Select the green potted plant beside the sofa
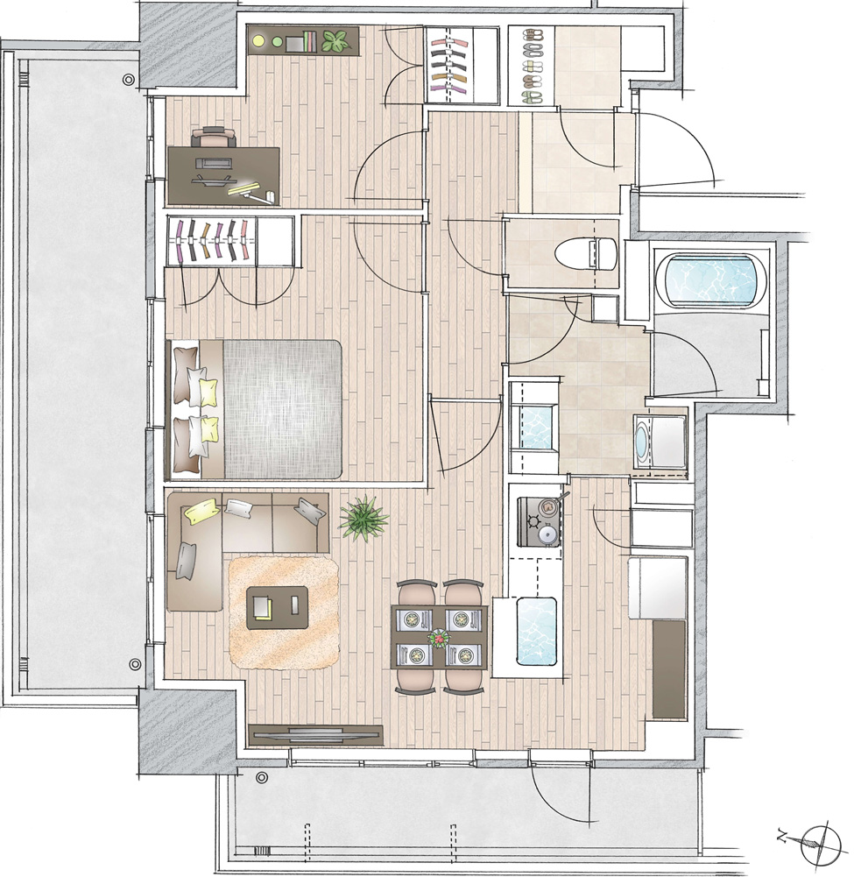[x=364, y=518]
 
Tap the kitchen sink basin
[x=536, y=631]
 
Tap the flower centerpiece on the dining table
[x=440, y=636]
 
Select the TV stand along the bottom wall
[x=315, y=735]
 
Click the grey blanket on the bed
[x=282, y=409]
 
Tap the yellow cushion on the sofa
[x=202, y=512]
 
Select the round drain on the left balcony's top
[x=129, y=80]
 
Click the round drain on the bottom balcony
[x=261, y=777]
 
